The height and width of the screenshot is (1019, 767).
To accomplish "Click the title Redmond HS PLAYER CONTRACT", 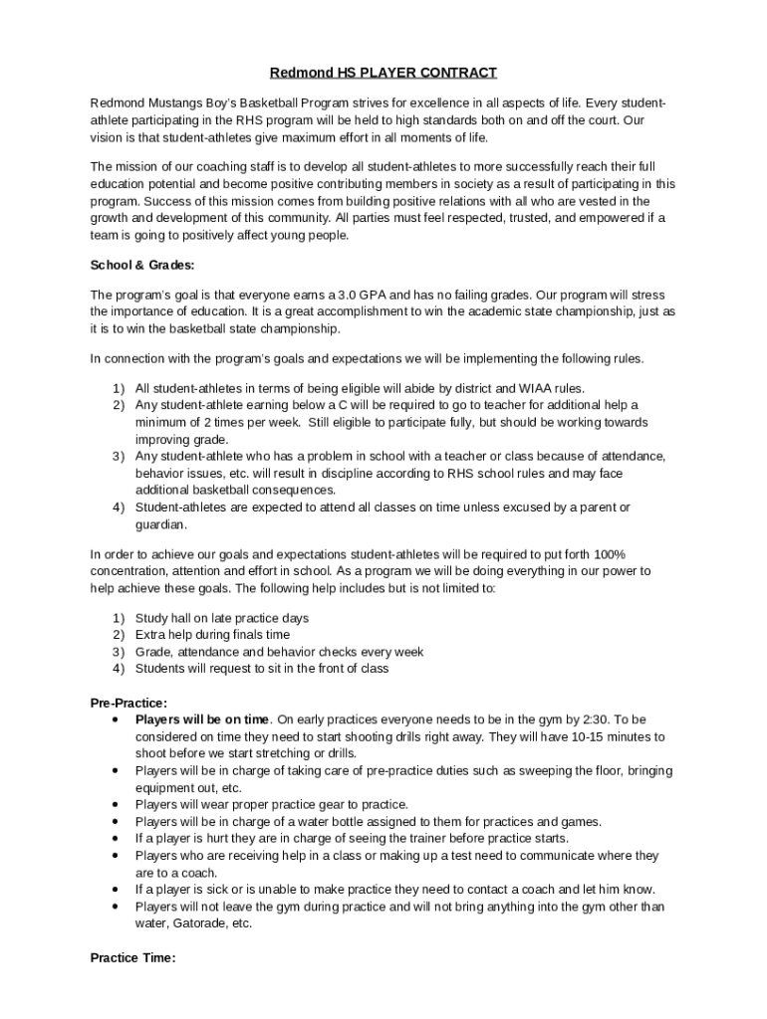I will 383,73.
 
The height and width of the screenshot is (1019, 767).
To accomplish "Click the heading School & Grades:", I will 142,265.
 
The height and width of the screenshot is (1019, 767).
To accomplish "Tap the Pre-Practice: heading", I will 128,703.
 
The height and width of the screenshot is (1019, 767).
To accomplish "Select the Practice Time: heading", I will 132,958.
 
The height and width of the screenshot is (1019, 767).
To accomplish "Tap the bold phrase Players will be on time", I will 202,719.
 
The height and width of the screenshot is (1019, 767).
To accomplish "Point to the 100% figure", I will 609,554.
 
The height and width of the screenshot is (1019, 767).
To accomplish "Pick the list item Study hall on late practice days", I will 222,618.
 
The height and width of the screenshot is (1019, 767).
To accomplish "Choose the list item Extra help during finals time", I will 212,635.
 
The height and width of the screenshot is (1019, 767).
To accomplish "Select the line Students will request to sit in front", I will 262,669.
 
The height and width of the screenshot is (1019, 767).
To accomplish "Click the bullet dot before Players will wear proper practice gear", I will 118,804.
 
